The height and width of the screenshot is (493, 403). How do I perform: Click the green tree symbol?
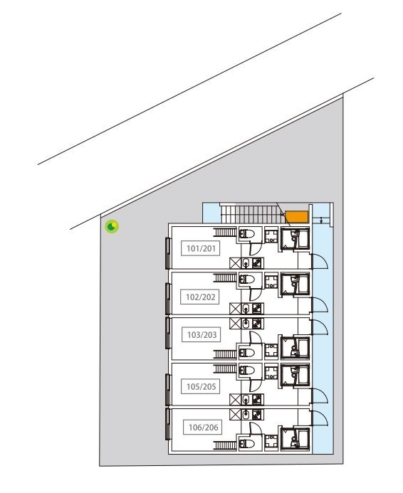112,227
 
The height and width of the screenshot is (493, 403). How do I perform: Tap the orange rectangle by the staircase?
298,216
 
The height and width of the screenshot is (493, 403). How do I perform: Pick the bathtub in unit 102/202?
294,284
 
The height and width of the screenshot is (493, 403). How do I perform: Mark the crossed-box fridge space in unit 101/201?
234,263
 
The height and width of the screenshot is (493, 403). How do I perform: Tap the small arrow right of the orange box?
322,220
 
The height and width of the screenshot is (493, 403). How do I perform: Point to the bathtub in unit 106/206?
294,438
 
